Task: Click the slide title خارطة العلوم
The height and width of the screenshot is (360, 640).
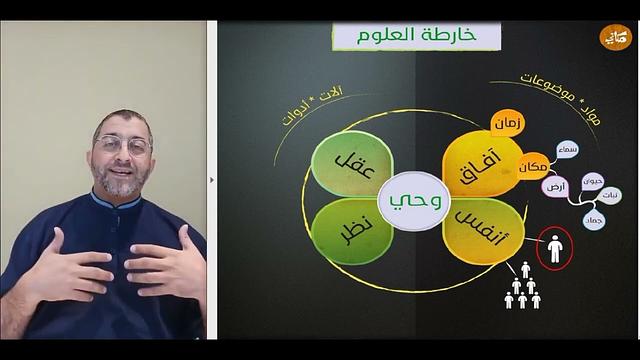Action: (415, 37)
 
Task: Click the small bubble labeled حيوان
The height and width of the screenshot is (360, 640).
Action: (593, 181)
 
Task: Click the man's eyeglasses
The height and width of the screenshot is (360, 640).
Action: (122, 145)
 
